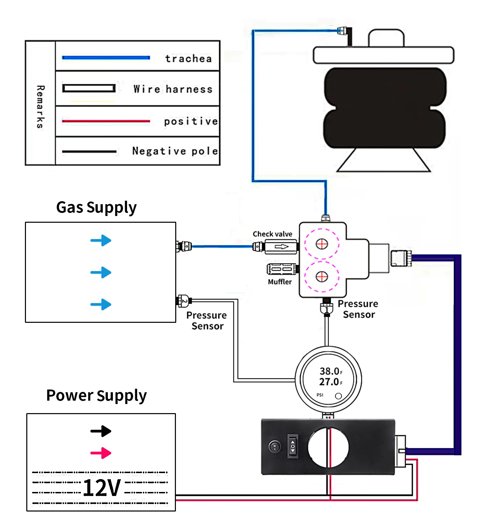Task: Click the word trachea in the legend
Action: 188,59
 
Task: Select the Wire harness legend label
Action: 173,89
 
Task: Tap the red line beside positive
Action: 106,121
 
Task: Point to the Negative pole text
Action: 175,151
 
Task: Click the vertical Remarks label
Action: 40,106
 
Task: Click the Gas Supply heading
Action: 96,208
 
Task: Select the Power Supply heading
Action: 96,396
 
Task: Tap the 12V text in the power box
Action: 101,488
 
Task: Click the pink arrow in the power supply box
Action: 101,453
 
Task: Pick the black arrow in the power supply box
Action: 101,431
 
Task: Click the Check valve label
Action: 272,234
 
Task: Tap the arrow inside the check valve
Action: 281,247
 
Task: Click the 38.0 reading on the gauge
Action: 329,371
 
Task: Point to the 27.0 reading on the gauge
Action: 329,382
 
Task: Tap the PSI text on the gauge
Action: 320,395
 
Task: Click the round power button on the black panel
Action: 275,447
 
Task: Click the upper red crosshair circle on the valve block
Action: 322,244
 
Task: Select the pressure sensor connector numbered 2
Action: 184,301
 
